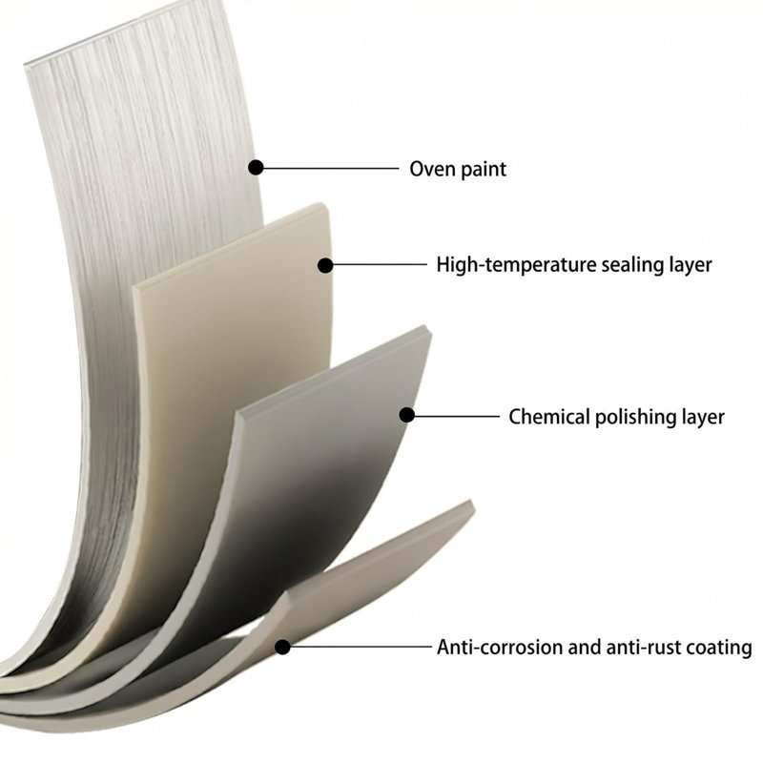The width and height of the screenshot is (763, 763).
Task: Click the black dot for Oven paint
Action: pyautogui.click(x=256, y=168)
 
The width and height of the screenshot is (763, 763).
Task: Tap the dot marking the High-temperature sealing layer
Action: pyautogui.click(x=325, y=265)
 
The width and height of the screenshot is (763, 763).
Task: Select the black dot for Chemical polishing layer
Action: pyautogui.click(x=407, y=415)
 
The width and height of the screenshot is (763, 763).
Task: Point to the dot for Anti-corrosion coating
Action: pyautogui.click(x=282, y=648)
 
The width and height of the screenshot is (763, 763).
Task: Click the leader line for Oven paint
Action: pyautogui.click(x=331, y=168)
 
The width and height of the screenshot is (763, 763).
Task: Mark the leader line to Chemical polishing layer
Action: pyautogui.click(x=457, y=416)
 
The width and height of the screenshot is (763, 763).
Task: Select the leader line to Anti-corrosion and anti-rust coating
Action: pyautogui.click(x=361, y=648)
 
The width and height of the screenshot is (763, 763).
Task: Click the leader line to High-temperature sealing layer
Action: pyautogui.click(x=380, y=265)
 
